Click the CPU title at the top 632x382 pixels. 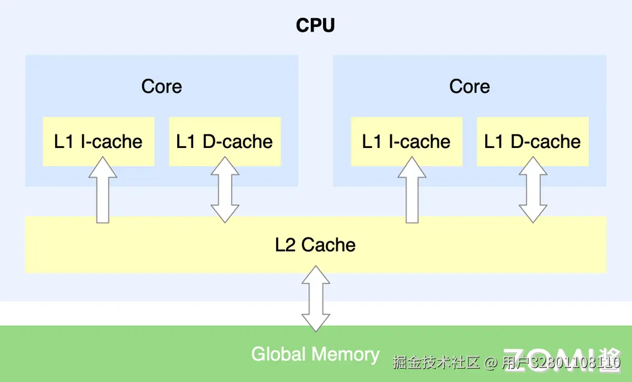pyautogui.click(x=315, y=26)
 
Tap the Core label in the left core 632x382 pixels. pyautogui.click(x=162, y=87)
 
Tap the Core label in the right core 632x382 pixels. pyautogui.click(x=469, y=87)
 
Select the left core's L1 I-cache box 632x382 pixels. pyautogui.click(x=98, y=142)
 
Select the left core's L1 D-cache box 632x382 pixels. pyautogui.click(x=225, y=142)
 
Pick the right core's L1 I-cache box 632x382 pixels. pyautogui.click(x=406, y=142)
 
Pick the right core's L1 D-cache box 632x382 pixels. pyautogui.click(x=533, y=142)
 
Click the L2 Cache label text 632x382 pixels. pyautogui.click(x=315, y=245)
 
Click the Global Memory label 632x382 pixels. pyautogui.click(x=315, y=354)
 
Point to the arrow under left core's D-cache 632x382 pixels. pyautogui.click(x=225, y=190)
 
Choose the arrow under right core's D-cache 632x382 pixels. pyautogui.click(x=533, y=190)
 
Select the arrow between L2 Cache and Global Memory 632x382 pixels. pyautogui.click(x=316, y=298)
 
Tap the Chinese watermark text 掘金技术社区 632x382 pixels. pyautogui.click(x=436, y=363)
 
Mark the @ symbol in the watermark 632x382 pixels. pyautogui.click(x=491, y=363)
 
